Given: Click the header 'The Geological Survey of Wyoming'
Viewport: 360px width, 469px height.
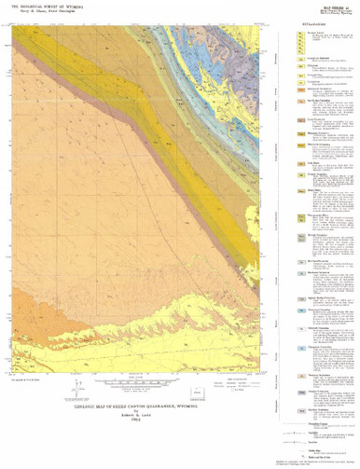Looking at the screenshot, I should pyautogui.click(x=47, y=7).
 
